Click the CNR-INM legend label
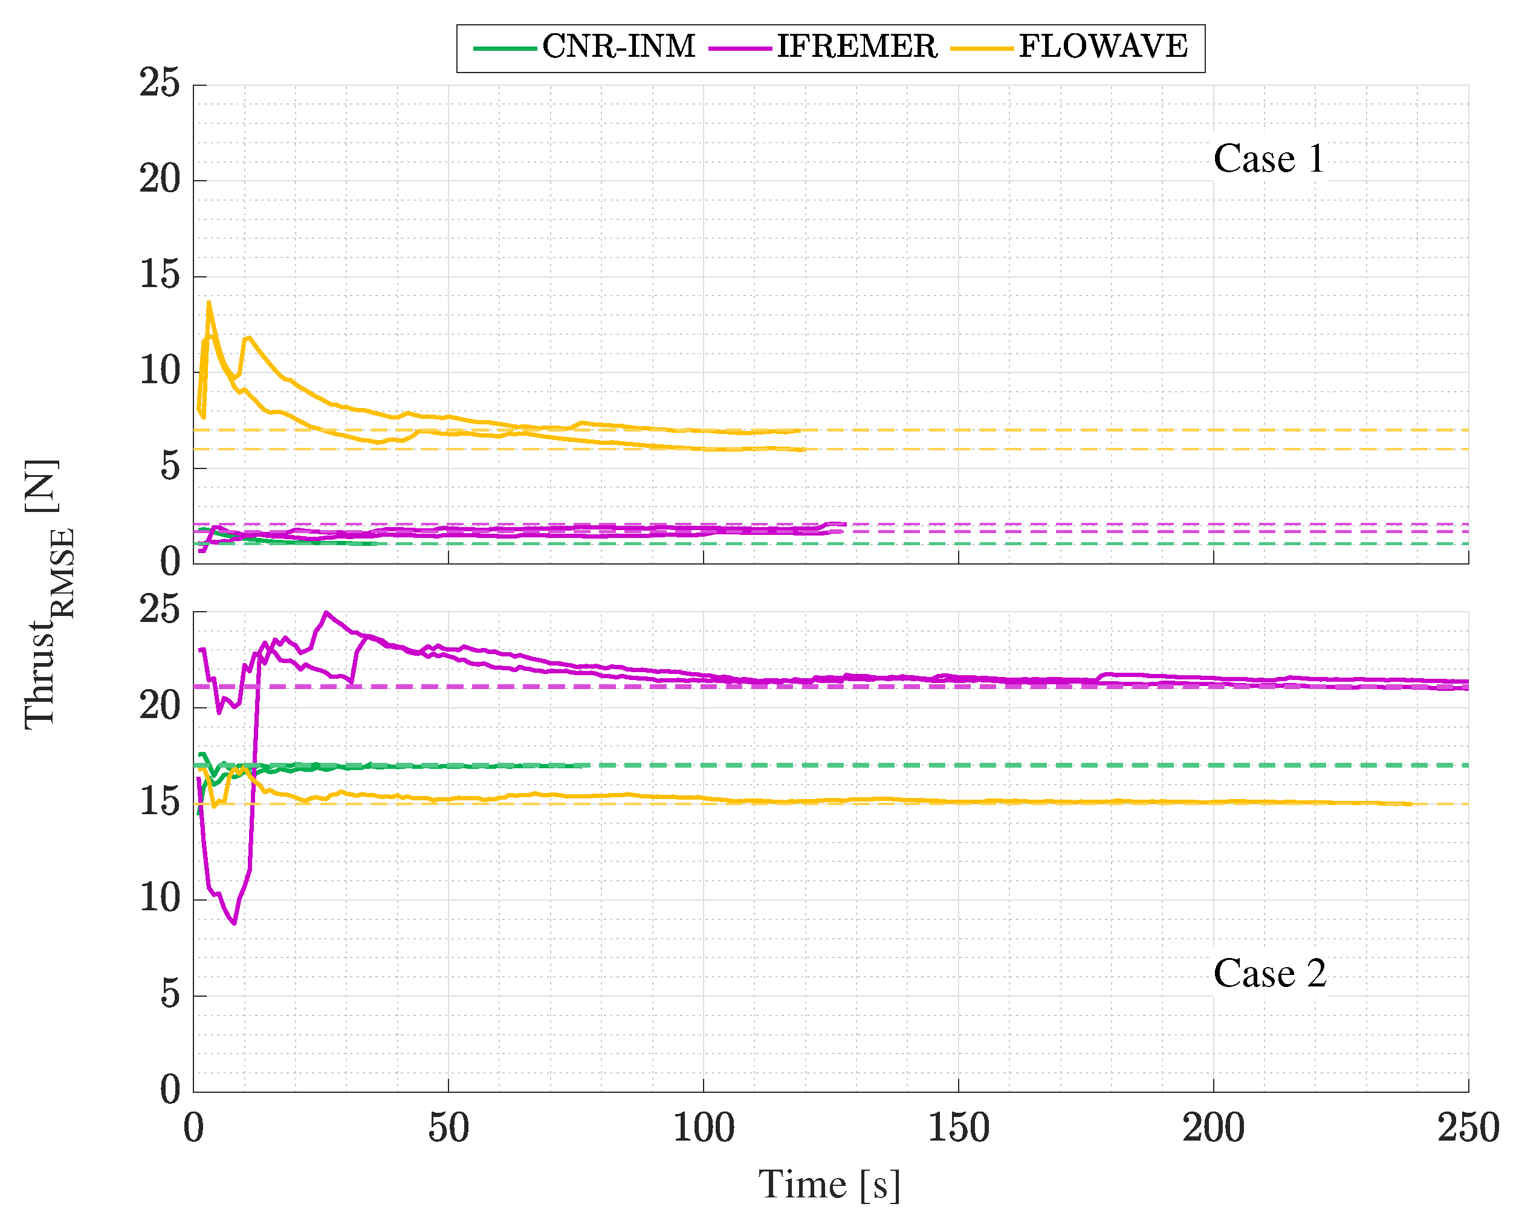[x=618, y=47]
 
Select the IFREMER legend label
[x=857, y=47]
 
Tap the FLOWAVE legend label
[x=1103, y=47]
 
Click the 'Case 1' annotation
[x=1269, y=159]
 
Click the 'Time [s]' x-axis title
[x=829, y=1185]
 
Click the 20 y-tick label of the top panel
[x=160, y=180]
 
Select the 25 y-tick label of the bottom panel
[x=160, y=610]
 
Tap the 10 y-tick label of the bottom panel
[x=160, y=899]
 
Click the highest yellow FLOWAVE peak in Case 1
[x=209, y=303]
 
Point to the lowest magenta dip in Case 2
[x=235, y=922]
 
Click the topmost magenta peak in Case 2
[x=325, y=613]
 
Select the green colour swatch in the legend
[x=504, y=48]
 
